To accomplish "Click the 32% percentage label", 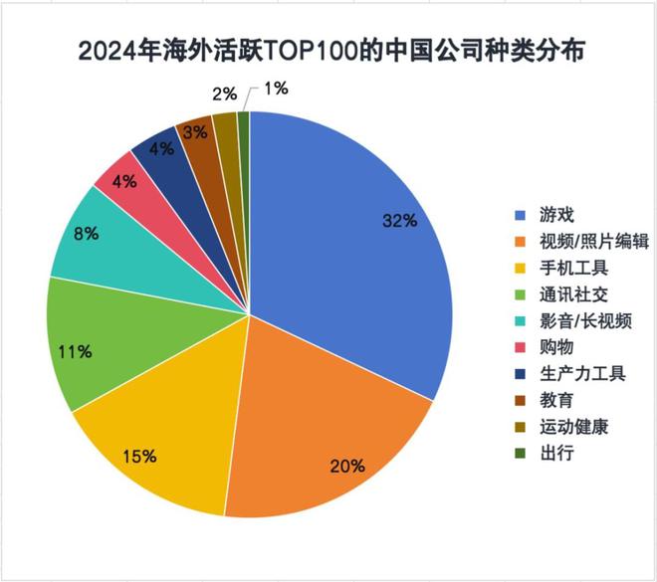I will click(x=400, y=221).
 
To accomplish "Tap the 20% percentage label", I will click(x=349, y=465).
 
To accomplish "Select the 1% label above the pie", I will click(x=276, y=90).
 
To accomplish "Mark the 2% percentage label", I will click(x=225, y=95).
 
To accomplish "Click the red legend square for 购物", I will click(x=520, y=348).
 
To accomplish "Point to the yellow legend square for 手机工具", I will click(x=520, y=269).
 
